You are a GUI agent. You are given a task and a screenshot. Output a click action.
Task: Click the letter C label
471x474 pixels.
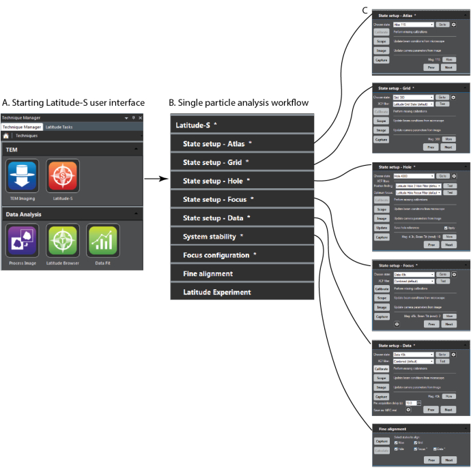click(366, 9)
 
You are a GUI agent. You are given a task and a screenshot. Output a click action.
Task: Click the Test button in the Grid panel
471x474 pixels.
click(443, 104)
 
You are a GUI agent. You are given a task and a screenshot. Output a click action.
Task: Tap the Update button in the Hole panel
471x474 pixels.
click(381, 227)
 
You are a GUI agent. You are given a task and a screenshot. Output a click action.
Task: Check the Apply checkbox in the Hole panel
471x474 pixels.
click(444, 227)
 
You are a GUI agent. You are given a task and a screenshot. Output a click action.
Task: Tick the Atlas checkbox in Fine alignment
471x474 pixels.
click(397, 442)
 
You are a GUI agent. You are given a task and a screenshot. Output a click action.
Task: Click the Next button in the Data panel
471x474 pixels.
click(448, 409)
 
